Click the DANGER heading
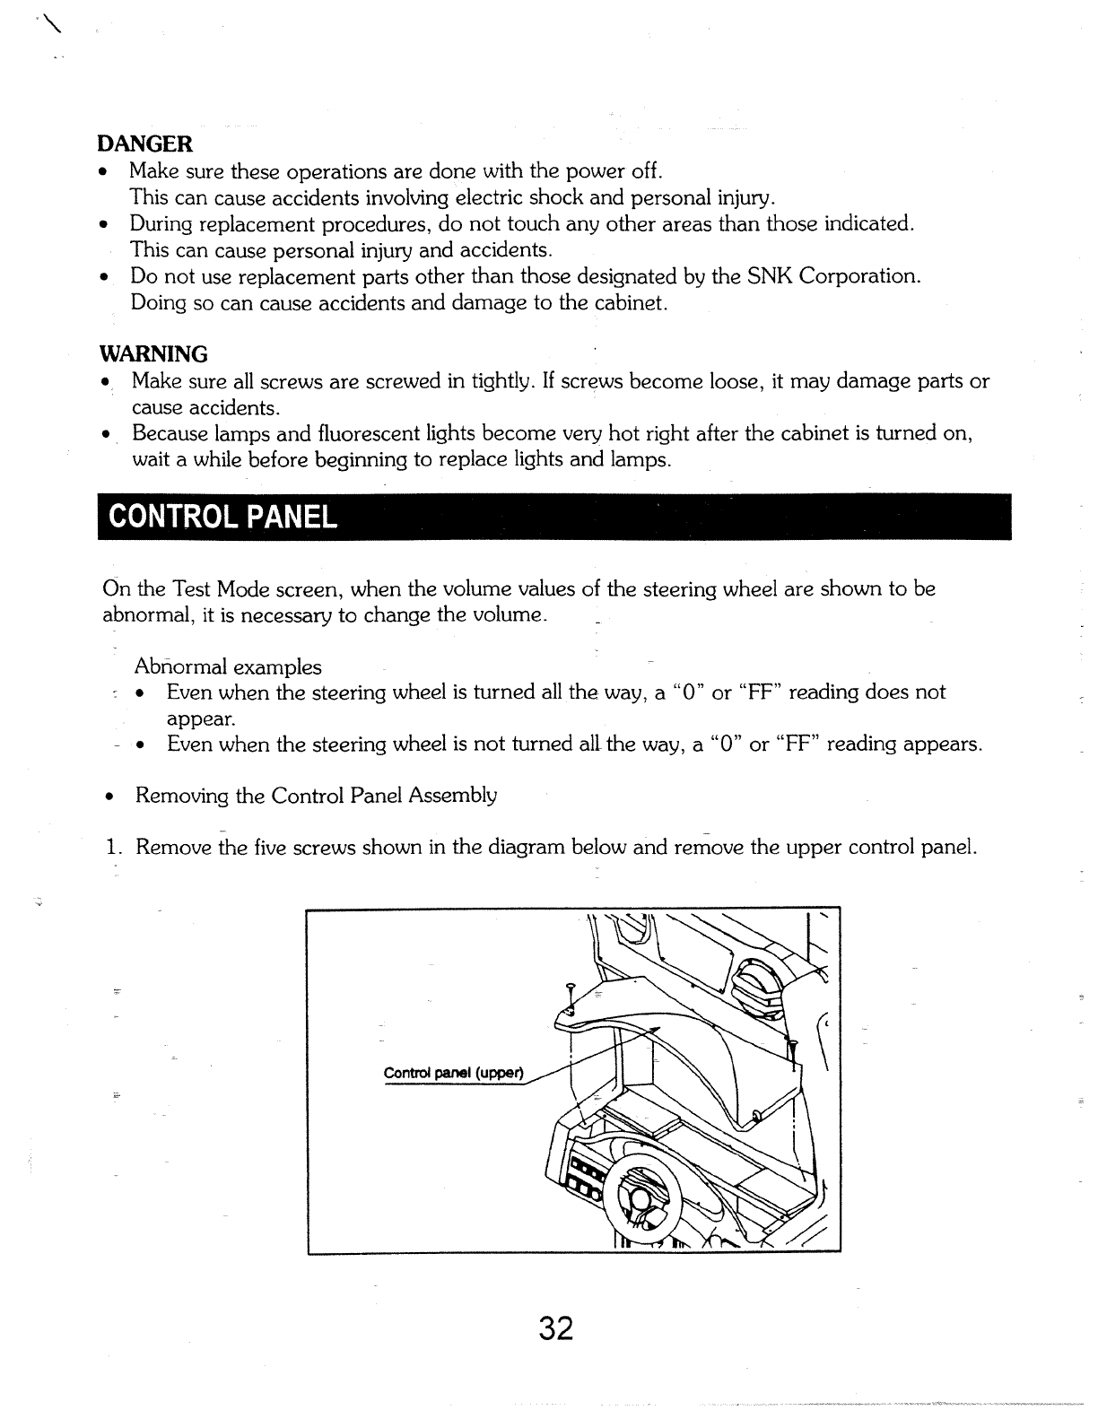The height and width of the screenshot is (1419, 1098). click(x=144, y=144)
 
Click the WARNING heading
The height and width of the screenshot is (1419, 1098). click(x=152, y=353)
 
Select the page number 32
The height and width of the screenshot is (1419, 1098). click(x=556, y=1328)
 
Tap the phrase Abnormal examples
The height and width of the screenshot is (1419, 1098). click(x=228, y=666)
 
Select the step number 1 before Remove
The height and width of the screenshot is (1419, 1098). click(x=111, y=848)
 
